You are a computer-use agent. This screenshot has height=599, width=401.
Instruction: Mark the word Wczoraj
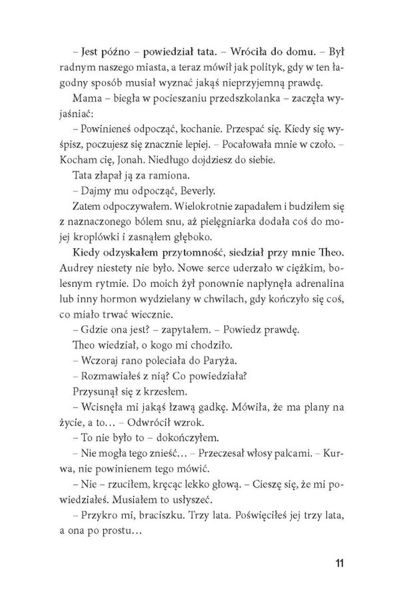96,361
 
